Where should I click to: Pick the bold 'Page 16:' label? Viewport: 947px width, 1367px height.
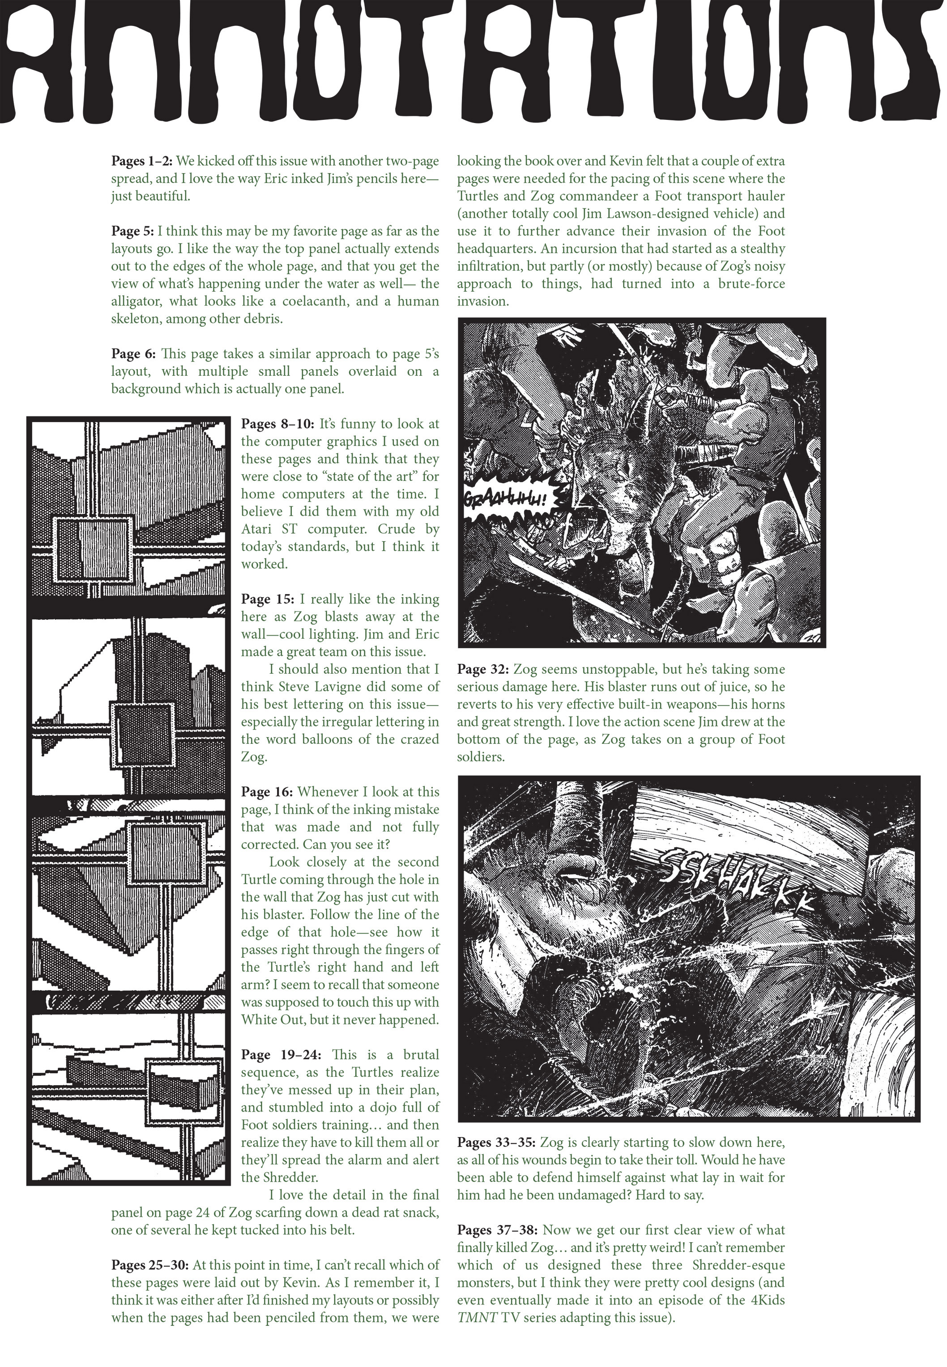click(x=267, y=792)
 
